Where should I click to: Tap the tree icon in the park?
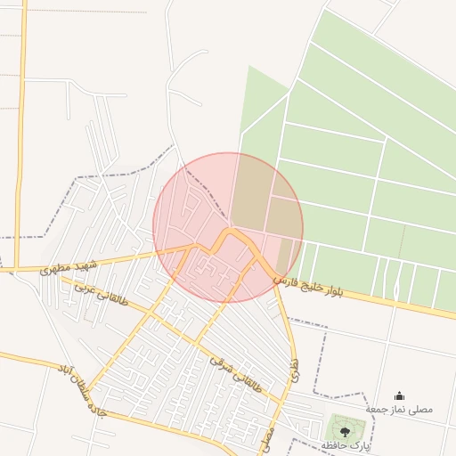coord(345,430)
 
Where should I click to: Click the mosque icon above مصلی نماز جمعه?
coord(399,396)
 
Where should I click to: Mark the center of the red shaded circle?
coord(228,227)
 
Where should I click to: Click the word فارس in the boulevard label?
coord(283,280)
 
